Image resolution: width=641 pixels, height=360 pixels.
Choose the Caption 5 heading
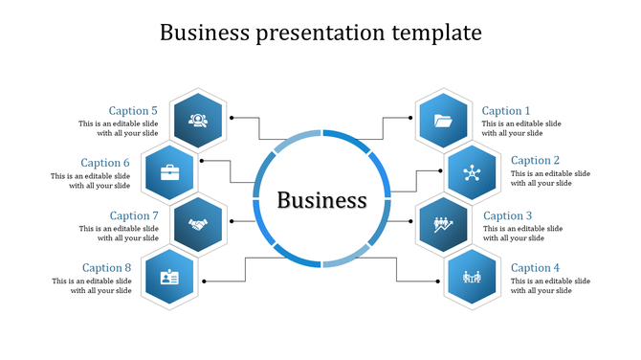[x=133, y=111]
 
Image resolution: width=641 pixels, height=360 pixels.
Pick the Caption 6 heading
[x=105, y=163]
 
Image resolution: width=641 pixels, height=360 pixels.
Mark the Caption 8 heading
[x=106, y=268]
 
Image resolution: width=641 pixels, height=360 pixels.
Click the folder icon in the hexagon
[x=443, y=121]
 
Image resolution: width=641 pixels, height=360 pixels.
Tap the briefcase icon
[x=169, y=173]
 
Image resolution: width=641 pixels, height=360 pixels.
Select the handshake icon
[x=198, y=225]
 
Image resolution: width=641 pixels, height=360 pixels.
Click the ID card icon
[x=169, y=279]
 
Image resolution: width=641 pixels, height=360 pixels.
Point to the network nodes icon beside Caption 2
[x=472, y=173]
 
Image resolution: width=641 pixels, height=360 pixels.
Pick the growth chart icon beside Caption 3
[x=444, y=225]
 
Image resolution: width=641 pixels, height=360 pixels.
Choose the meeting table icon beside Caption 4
[x=472, y=279]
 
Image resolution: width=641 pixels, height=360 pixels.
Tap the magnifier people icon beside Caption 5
[x=198, y=121]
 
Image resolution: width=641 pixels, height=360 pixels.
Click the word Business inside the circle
[x=321, y=200]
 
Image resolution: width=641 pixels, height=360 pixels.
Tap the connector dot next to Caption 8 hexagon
[x=205, y=281]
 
